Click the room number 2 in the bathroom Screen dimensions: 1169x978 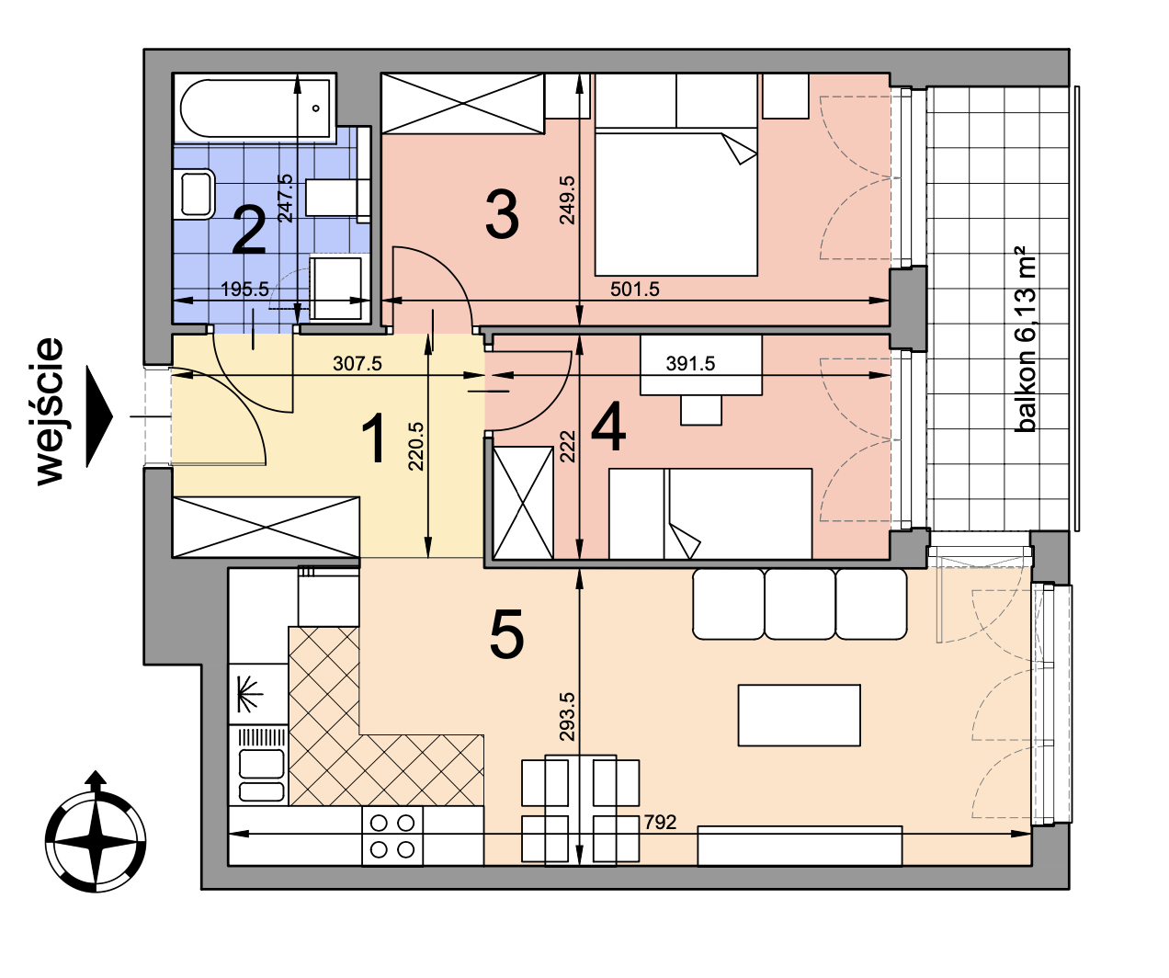(x=248, y=231)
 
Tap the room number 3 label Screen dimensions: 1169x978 (x=502, y=213)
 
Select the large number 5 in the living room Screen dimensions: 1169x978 (x=506, y=634)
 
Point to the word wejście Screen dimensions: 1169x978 (x=50, y=411)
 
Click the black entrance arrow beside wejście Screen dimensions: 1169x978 (x=99, y=416)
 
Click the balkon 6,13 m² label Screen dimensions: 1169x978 (x=1026, y=339)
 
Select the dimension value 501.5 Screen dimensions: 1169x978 (x=634, y=289)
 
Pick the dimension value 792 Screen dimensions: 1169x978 (x=660, y=822)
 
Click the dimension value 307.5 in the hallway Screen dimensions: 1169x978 (x=358, y=363)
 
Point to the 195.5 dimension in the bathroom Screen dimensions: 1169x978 (x=244, y=289)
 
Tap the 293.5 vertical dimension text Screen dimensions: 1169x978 (x=567, y=716)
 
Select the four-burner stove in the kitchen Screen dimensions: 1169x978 (x=392, y=836)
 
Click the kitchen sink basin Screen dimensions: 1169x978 (x=261, y=764)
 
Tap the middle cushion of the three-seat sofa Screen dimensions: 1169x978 (x=800, y=604)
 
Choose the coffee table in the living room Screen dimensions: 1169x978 (x=799, y=715)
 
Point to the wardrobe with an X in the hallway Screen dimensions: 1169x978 (x=266, y=527)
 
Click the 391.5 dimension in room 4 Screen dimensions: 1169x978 (x=690, y=363)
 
